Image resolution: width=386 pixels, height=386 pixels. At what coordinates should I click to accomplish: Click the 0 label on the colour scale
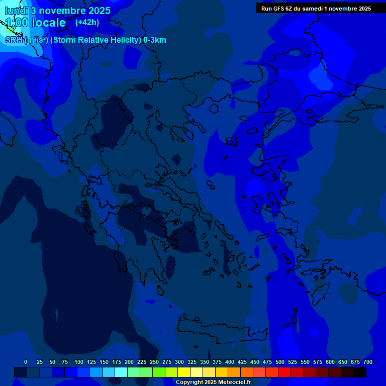tap(26, 362)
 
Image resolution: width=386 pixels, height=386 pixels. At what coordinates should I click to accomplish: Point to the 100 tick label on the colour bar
tap(79, 362)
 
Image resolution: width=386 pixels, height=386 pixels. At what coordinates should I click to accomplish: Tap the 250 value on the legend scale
tap(154, 362)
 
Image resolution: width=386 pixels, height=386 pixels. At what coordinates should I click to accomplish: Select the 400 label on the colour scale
tap(230, 362)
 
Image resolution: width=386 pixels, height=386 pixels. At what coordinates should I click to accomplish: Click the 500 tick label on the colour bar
tap(280, 362)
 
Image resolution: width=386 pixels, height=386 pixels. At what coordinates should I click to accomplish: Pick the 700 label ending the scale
tap(368, 362)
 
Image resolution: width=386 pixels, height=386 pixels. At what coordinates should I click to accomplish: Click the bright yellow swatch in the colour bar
tap(184, 372)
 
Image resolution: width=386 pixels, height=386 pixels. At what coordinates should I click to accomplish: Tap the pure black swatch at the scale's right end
tap(360, 372)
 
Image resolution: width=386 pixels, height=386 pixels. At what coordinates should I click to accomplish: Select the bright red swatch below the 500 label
tap(284, 372)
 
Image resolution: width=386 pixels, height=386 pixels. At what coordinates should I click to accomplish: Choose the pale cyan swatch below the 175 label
tap(121, 372)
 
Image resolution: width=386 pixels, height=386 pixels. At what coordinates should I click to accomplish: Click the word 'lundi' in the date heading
tap(18, 11)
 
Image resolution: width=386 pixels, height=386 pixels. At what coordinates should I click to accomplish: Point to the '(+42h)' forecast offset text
tap(87, 22)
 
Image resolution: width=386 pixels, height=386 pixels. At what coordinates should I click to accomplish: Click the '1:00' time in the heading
tap(17, 23)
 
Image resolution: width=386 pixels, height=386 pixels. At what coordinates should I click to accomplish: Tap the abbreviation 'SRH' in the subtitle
tap(14, 40)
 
